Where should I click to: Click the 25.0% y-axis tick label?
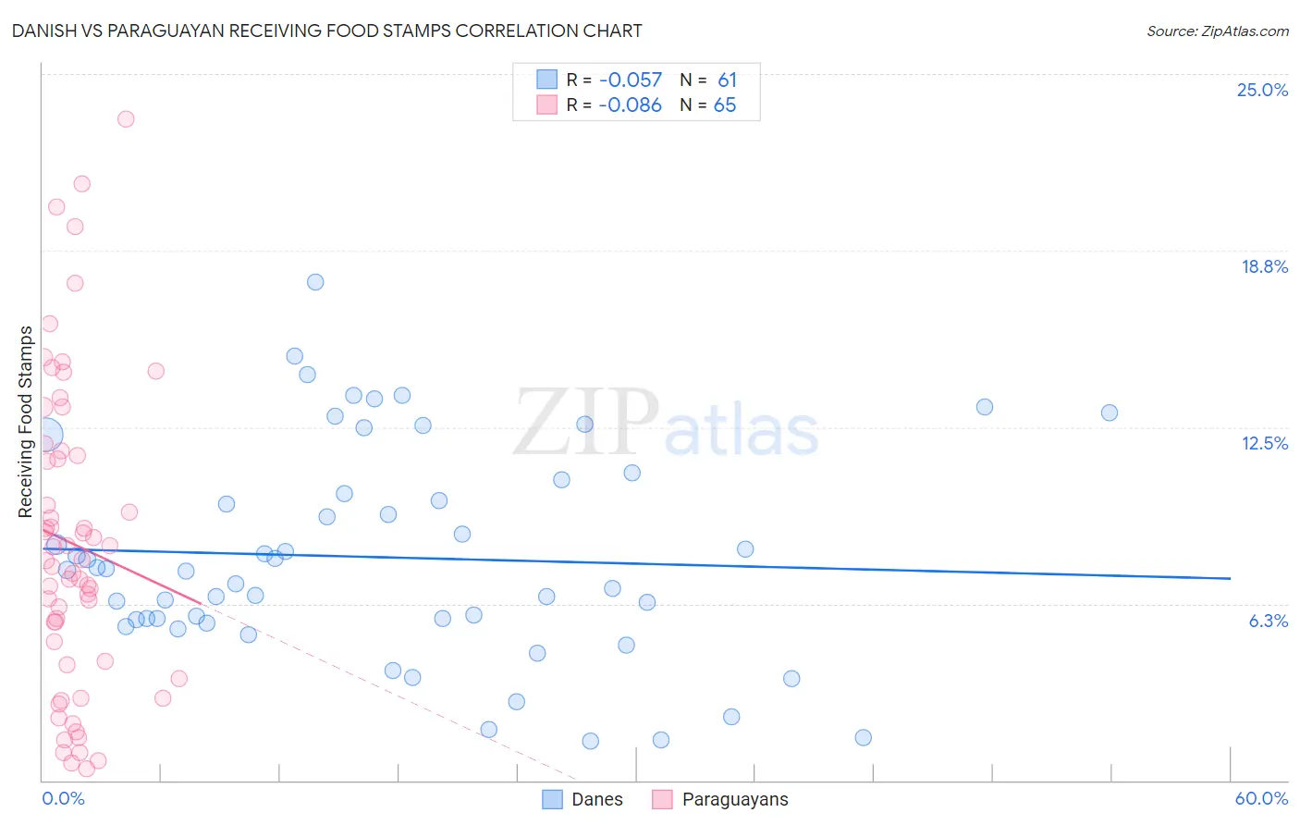pyautogui.click(x=1262, y=90)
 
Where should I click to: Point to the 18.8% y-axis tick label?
pyautogui.click(x=1264, y=266)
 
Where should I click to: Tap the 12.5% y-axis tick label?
pyautogui.click(x=1264, y=443)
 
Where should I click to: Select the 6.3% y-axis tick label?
pyautogui.click(x=1268, y=621)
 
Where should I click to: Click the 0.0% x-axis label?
pyautogui.click(x=63, y=798)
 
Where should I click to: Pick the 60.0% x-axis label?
pyautogui.click(x=1261, y=798)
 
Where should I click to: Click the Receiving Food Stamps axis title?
pyautogui.click(x=25, y=422)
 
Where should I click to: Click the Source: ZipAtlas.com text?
pyautogui.click(x=1217, y=31)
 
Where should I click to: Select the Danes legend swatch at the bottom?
pyautogui.click(x=552, y=799)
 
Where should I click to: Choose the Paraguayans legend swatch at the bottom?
pyautogui.click(x=662, y=799)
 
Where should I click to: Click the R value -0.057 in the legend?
pyautogui.click(x=630, y=80)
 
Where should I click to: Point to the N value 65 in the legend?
pyautogui.click(x=725, y=105)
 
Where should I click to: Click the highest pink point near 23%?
pyautogui.click(x=126, y=118)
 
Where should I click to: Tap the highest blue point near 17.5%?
pyautogui.click(x=315, y=282)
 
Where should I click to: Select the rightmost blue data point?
pyautogui.click(x=1110, y=412)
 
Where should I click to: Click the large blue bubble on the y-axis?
pyautogui.click(x=45, y=434)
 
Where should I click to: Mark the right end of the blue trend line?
pyautogui.click(x=1230, y=578)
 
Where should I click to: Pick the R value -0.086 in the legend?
pyautogui.click(x=630, y=105)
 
